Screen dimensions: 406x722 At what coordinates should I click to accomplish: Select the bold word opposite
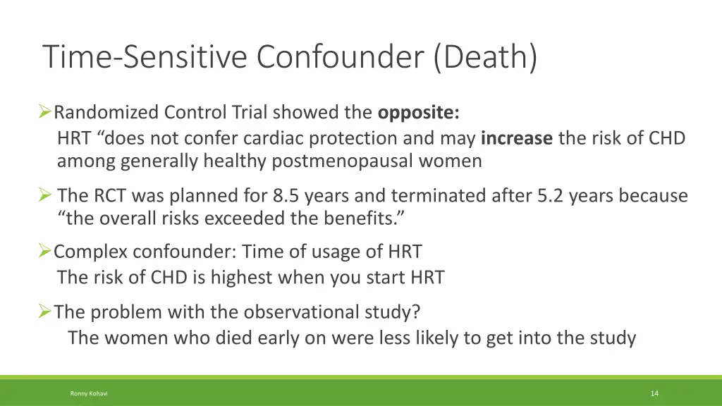419,112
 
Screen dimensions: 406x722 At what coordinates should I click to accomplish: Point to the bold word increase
517,138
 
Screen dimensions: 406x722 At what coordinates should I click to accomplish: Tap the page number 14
654,393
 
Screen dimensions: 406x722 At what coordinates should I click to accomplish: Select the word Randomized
106,112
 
